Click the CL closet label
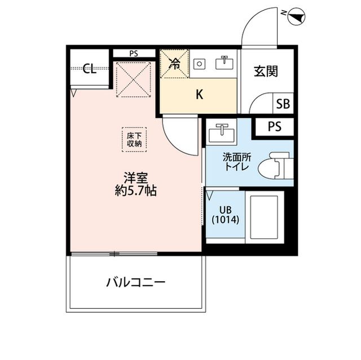[89, 70]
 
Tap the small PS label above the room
[133, 54]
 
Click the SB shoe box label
[283, 104]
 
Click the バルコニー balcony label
[135, 281]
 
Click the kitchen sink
[224, 64]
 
